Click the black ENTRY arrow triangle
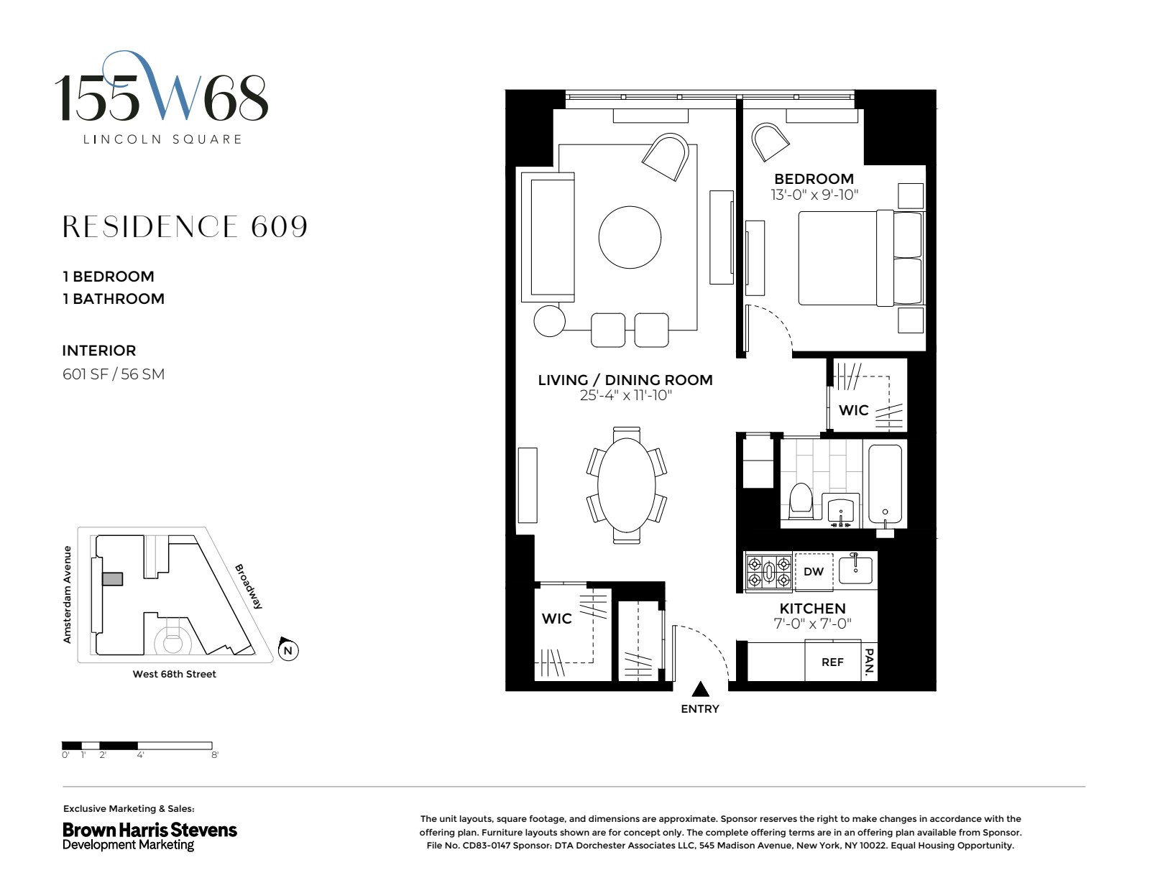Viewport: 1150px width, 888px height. [x=700, y=690]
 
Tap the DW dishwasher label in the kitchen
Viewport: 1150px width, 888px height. [x=814, y=572]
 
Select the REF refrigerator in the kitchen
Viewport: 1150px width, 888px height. [x=832, y=662]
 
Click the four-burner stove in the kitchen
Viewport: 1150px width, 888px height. [x=768, y=573]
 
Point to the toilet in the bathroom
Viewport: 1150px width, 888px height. [x=800, y=500]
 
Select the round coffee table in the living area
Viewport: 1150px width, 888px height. [x=630, y=237]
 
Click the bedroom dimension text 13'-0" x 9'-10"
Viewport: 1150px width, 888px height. [x=814, y=195]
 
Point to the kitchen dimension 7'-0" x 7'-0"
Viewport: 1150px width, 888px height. [x=812, y=624]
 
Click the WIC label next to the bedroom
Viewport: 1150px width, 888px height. [x=854, y=410]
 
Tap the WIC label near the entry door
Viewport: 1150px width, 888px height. [x=557, y=619]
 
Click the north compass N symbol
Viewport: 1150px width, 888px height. [x=287, y=650]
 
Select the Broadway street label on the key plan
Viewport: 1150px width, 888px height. [x=249, y=586]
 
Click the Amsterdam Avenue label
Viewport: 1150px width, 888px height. [x=68, y=594]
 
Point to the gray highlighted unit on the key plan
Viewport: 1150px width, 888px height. [x=113, y=578]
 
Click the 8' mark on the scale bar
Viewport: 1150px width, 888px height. [x=214, y=755]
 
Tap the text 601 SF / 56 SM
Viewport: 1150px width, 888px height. [x=114, y=374]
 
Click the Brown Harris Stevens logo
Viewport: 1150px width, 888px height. [x=149, y=836]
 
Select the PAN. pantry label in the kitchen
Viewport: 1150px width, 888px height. [x=869, y=662]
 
